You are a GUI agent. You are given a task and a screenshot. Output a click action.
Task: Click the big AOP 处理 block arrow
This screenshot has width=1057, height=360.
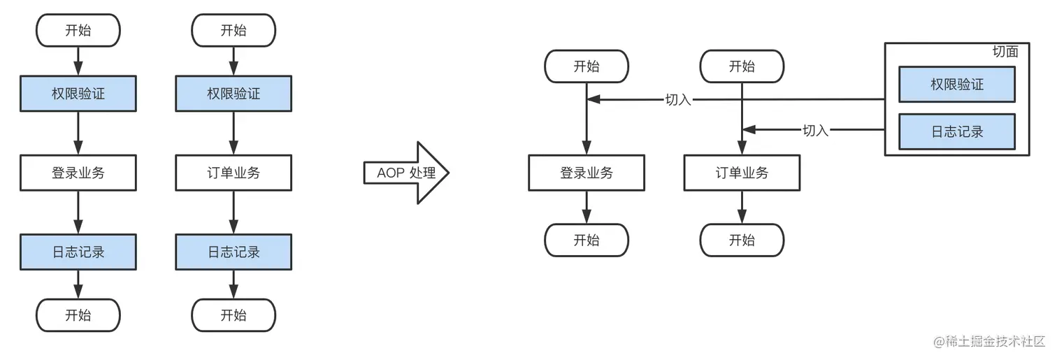tap(406, 173)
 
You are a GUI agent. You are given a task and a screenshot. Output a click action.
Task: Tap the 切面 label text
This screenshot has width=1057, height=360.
tap(1005, 52)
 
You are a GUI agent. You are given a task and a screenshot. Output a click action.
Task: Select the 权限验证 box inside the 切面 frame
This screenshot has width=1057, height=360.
tap(957, 85)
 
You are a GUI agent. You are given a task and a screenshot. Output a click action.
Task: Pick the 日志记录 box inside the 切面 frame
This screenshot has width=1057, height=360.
tap(957, 131)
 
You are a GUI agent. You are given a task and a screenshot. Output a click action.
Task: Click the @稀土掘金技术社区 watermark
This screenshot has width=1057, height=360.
tap(989, 341)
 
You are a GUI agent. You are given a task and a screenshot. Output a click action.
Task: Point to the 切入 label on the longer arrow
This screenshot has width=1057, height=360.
tap(678, 99)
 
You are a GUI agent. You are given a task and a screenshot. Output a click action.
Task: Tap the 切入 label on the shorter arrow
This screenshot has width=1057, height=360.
tap(815, 130)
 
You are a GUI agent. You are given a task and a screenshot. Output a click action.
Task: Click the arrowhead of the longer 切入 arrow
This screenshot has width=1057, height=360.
tap(593, 99)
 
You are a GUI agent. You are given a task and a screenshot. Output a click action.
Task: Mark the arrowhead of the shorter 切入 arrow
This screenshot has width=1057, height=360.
tap(749, 130)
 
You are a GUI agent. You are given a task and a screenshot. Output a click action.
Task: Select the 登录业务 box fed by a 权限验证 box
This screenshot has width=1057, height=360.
tap(78, 173)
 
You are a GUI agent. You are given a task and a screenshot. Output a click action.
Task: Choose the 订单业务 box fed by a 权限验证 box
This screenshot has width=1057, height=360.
tap(233, 173)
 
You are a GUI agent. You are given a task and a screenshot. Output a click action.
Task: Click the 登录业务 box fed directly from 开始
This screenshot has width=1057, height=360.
tap(587, 173)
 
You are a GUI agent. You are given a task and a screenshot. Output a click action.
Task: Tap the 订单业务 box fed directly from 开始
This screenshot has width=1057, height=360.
tap(742, 173)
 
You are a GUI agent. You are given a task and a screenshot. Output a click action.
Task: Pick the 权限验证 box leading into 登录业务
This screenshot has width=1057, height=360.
tap(78, 94)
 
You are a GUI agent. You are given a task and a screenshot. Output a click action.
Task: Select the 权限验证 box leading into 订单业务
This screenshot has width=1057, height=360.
tap(233, 94)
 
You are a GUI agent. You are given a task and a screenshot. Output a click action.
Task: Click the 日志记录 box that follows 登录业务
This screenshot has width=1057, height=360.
tap(78, 252)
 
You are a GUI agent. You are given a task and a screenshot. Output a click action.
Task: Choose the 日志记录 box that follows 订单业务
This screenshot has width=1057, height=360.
tap(233, 252)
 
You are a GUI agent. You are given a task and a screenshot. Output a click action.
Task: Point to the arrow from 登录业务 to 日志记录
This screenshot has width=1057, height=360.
tap(78, 213)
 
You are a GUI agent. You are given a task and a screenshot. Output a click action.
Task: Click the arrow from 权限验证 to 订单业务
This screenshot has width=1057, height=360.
tap(233, 133)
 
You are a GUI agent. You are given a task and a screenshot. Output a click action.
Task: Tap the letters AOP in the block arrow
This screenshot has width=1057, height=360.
tap(391, 173)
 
